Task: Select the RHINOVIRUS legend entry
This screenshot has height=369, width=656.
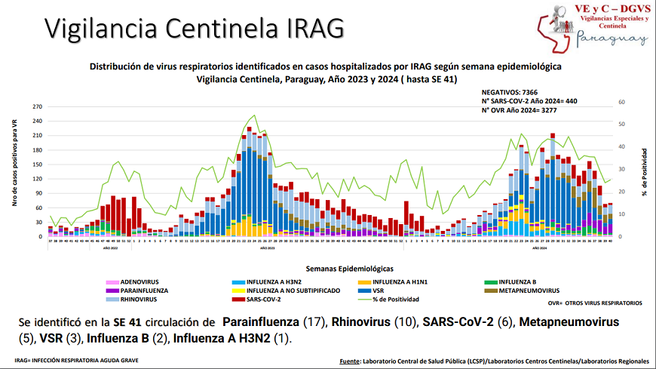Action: [x=137, y=299]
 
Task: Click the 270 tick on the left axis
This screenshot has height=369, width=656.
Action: [x=37, y=106]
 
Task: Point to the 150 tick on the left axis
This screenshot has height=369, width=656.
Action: [x=37, y=165]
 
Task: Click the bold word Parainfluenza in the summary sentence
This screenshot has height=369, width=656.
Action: [x=262, y=322]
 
